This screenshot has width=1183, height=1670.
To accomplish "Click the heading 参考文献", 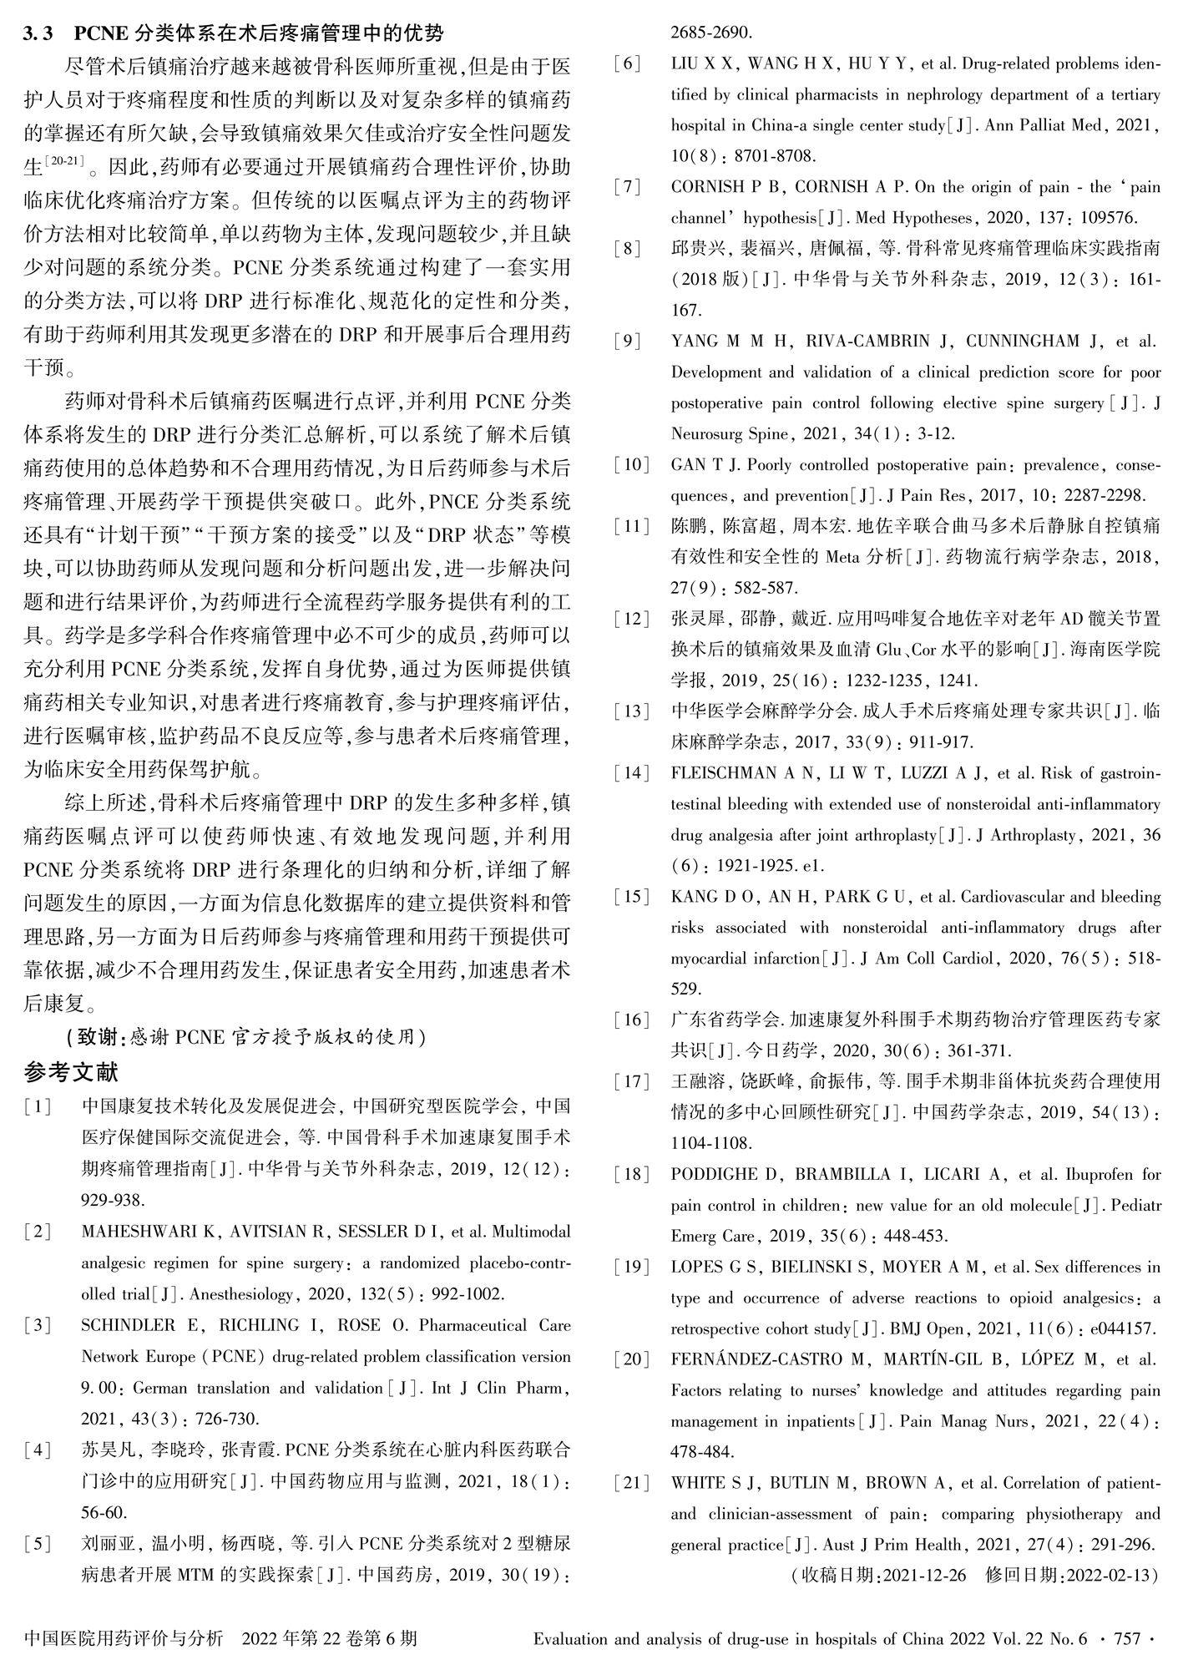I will pos(72,1071).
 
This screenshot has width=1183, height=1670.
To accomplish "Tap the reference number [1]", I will pos(38,1107).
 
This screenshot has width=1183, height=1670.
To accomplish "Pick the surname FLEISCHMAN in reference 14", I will pos(723,773).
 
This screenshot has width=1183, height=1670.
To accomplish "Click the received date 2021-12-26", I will pos(924,1575).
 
